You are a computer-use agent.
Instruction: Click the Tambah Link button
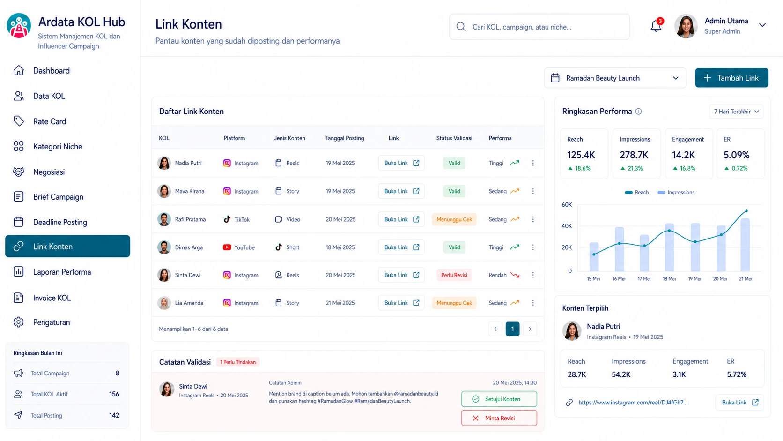pos(731,78)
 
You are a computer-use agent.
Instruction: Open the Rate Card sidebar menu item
pos(49,121)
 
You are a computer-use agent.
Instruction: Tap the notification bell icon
pos(656,26)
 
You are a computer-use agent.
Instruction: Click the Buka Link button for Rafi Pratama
pos(401,219)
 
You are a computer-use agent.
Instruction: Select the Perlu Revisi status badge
pos(454,275)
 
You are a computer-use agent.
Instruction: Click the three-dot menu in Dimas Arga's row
pos(533,247)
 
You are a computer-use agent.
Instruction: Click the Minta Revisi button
pos(499,418)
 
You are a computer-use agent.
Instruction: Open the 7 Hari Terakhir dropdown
pos(736,112)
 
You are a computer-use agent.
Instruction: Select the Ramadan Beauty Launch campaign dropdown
pos(615,78)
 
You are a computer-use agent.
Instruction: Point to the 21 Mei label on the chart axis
pos(745,279)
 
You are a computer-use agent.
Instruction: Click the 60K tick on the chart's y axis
pos(567,205)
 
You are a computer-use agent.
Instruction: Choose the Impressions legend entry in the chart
pos(676,192)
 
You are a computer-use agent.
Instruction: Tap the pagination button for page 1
pos(512,329)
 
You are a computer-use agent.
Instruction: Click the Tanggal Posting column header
pos(344,138)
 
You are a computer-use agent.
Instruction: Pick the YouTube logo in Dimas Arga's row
pos(227,247)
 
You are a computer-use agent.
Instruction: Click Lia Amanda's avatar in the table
pos(164,303)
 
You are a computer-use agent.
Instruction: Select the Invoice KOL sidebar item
pos(52,298)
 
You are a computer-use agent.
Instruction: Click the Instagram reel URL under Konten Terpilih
pos(633,403)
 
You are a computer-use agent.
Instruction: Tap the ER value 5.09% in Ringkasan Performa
pos(736,155)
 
